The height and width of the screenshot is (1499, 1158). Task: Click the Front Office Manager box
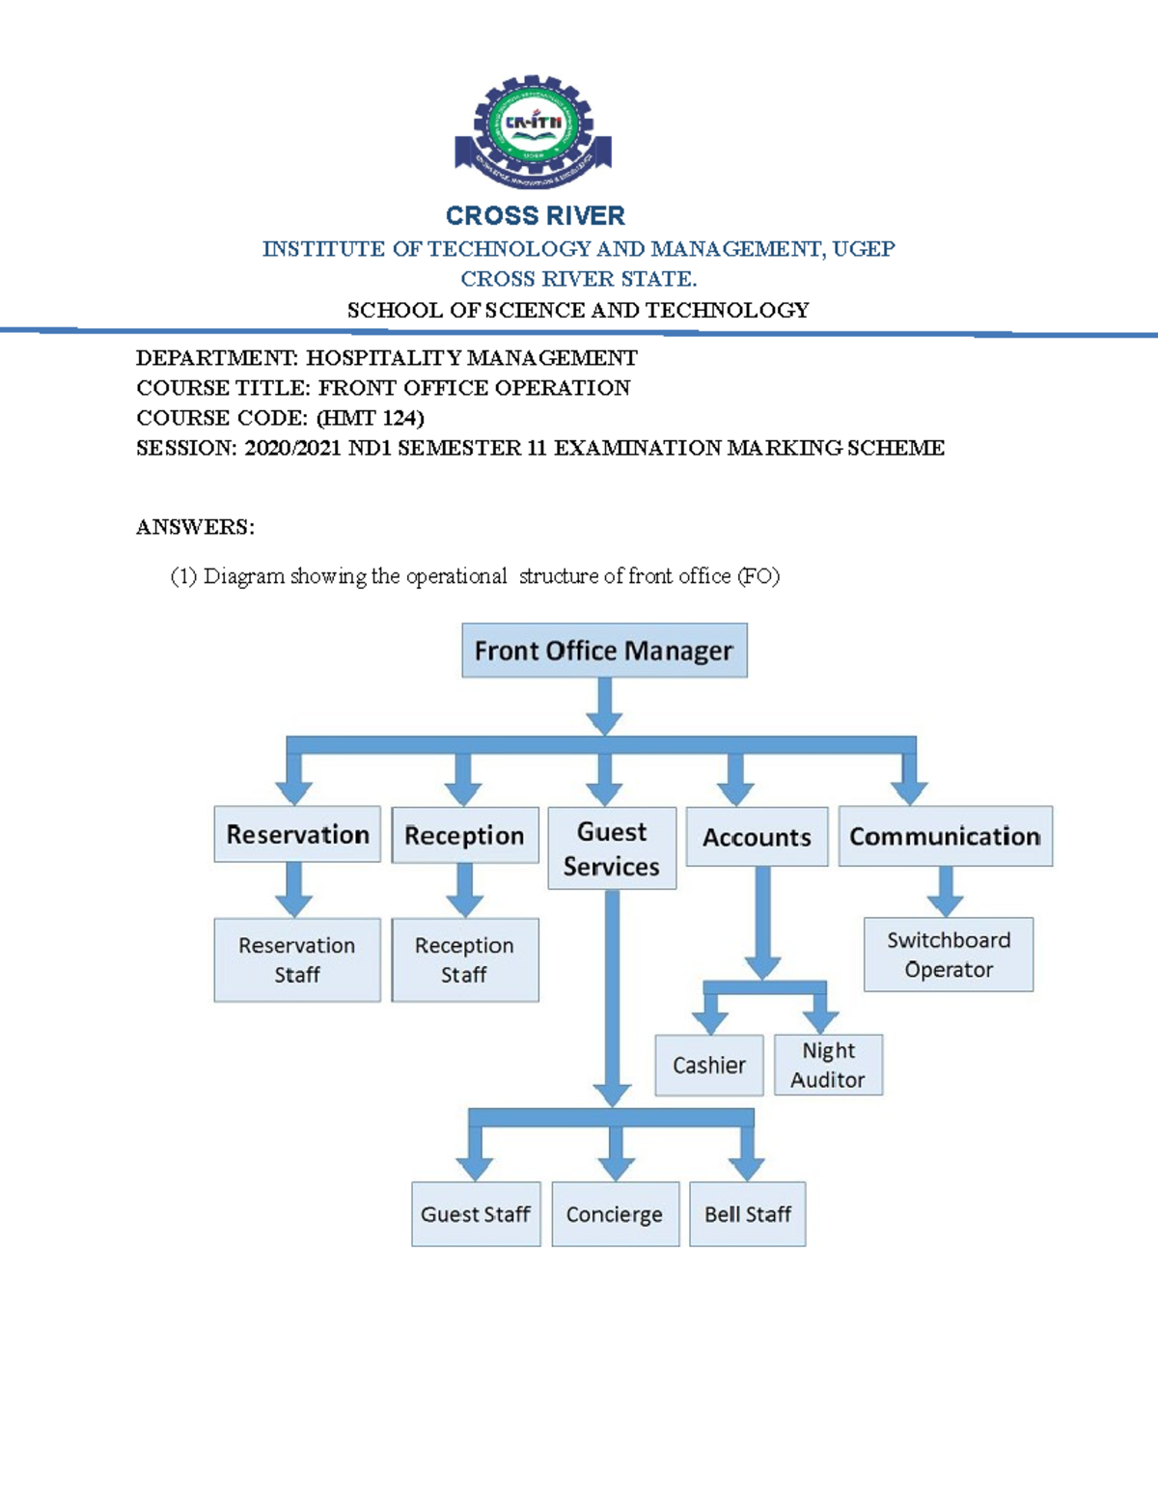[604, 651]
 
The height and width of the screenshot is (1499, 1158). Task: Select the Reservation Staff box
[297, 959]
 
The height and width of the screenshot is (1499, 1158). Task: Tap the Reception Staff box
[465, 959]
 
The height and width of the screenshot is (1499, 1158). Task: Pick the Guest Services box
[612, 848]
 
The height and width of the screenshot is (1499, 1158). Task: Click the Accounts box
[758, 837]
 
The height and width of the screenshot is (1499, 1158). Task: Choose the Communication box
[946, 836]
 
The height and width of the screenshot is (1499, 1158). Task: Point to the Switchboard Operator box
[949, 955]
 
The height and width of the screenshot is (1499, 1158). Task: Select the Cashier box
[709, 1065]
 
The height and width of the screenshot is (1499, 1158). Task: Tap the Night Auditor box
[828, 1065]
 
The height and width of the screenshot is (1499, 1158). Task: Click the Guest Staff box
[476, 1214]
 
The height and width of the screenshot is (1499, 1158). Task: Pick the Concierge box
[616, 1214]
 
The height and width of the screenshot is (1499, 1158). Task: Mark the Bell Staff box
[748, 1214]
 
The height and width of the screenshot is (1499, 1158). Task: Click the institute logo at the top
[533, 131]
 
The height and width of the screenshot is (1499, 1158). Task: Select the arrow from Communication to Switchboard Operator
[946, 891]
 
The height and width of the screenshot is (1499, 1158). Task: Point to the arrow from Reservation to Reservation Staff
[293, 890]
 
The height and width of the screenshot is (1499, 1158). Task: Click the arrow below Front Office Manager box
[605, 707]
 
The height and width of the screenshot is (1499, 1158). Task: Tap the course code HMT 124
[370, 418]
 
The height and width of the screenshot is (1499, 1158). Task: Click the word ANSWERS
[195, 528]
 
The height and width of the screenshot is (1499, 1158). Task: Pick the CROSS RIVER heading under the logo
[536, 216]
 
